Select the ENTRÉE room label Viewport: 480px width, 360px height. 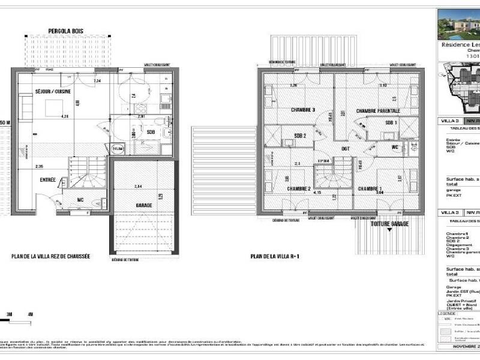[x=48, y=179]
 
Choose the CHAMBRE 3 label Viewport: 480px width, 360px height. [x=303, y=110]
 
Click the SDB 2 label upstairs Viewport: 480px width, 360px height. [x=300, y=136]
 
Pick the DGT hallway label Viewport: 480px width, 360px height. [x=346, y=149]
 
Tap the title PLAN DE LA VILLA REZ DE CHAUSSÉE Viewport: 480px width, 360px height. [x=50, y=256]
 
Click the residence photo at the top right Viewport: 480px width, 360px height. [x=459, y=24]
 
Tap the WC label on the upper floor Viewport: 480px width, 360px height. [x=394, y=148]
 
